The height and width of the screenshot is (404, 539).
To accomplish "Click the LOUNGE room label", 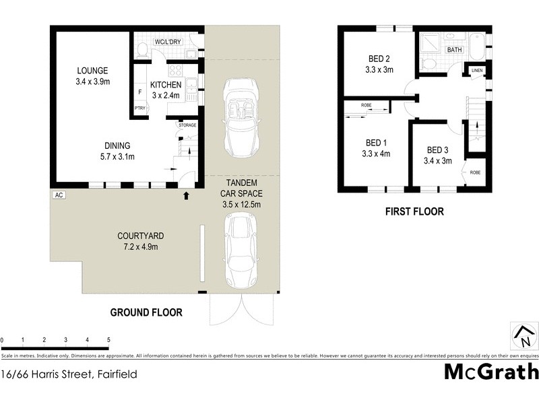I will point(92,71).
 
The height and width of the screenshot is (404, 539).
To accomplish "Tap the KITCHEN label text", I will point(164,85).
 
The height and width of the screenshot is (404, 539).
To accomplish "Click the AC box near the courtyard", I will point(58,195).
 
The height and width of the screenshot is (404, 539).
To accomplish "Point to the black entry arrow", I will point(187,196).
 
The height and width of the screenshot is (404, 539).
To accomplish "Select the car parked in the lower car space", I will point(241,249).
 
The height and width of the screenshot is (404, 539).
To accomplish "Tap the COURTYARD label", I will point(141,236).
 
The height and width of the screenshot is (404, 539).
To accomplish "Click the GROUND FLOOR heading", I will point(146,312).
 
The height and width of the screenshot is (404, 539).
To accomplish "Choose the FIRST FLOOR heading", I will point(414,211).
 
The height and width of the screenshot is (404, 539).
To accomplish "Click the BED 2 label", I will point(379,59).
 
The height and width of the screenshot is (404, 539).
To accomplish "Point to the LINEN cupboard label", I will point(477,70).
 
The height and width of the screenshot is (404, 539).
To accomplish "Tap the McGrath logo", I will point(491,371).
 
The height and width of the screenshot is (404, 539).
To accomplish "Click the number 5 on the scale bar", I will point(108,339).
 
